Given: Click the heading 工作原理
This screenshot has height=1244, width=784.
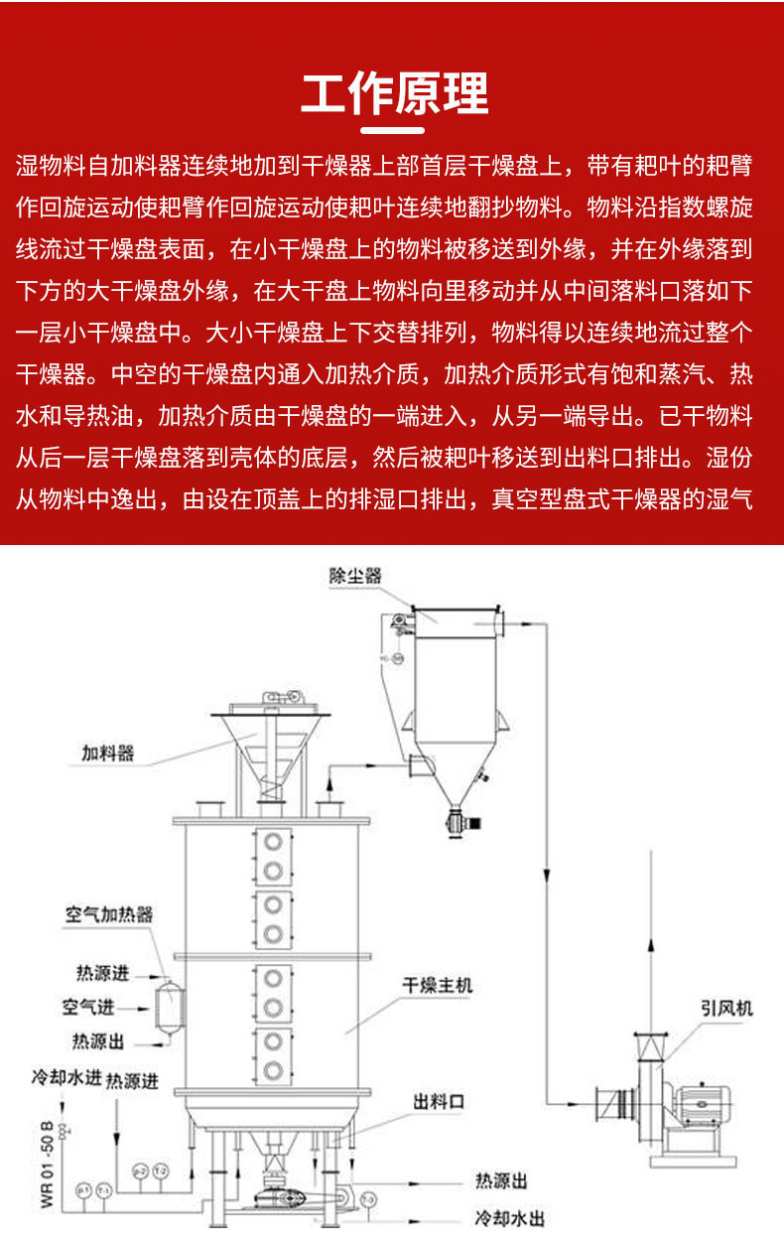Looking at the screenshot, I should pos(394,95).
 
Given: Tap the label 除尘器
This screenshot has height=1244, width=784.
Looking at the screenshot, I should pos(355,576).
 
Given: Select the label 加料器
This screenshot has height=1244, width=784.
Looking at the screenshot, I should pos(107,754).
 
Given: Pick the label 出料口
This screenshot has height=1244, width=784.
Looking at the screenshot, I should pos(439,1102).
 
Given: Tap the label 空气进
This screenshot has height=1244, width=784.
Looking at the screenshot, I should pos(88,1007).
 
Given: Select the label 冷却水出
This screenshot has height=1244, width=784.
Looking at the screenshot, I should pos(509,1218).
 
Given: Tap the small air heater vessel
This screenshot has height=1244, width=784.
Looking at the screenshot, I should pos(168,1006).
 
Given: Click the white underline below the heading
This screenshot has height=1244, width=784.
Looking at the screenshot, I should pos(394,130).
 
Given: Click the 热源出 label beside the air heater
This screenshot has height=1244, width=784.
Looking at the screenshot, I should pos(98,1040).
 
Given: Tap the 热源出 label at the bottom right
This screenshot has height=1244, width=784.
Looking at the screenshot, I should pos(501,1180).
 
